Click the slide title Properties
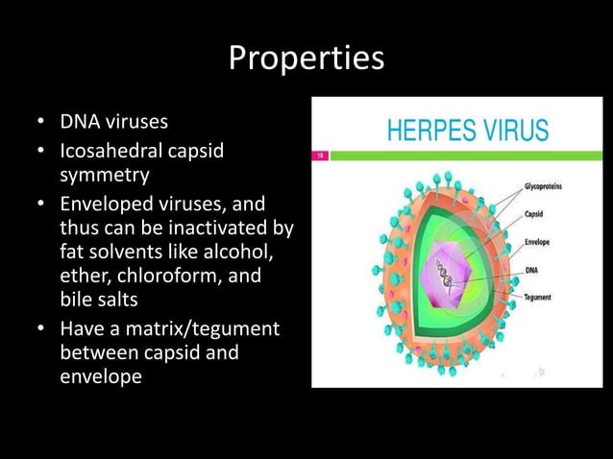pyautogui.click(x=306, y=60)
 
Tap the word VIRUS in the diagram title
pyautogui.click(x=515, y=130)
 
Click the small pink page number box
pyautogui.click(x=322, y=154)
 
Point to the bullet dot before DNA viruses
pyautogui.click(x=40, y=124)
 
